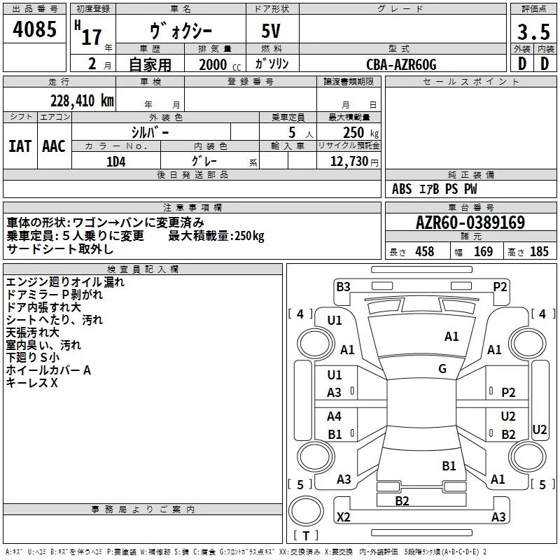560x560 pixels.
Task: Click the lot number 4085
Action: pos(35,31)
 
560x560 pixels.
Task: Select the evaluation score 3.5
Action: pos(533,32)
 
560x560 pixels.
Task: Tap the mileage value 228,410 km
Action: pos(82,100)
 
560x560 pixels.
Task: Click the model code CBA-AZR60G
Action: pos(401,64)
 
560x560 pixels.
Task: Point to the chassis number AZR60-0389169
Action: pos(470,223)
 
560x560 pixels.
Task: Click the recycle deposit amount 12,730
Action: pos(347,162)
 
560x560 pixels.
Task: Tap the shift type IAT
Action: pos(20,146)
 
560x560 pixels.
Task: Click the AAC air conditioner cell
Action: pos(54,146)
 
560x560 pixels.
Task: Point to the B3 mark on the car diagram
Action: pos(343,286)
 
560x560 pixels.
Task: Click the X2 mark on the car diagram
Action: pos(343,517)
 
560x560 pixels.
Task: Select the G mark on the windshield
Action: pos(442,369)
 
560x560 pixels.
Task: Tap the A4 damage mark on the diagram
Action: pos(335,416)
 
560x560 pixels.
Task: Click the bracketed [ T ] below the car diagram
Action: pos(306,536)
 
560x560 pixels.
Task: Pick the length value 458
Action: pos(424,252)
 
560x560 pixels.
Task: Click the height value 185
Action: pos(538,252)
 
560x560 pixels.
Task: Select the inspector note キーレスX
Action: pos(32,383)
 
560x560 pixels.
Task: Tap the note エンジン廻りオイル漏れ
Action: pos(65,282)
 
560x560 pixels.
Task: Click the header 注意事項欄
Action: pos(192,208)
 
